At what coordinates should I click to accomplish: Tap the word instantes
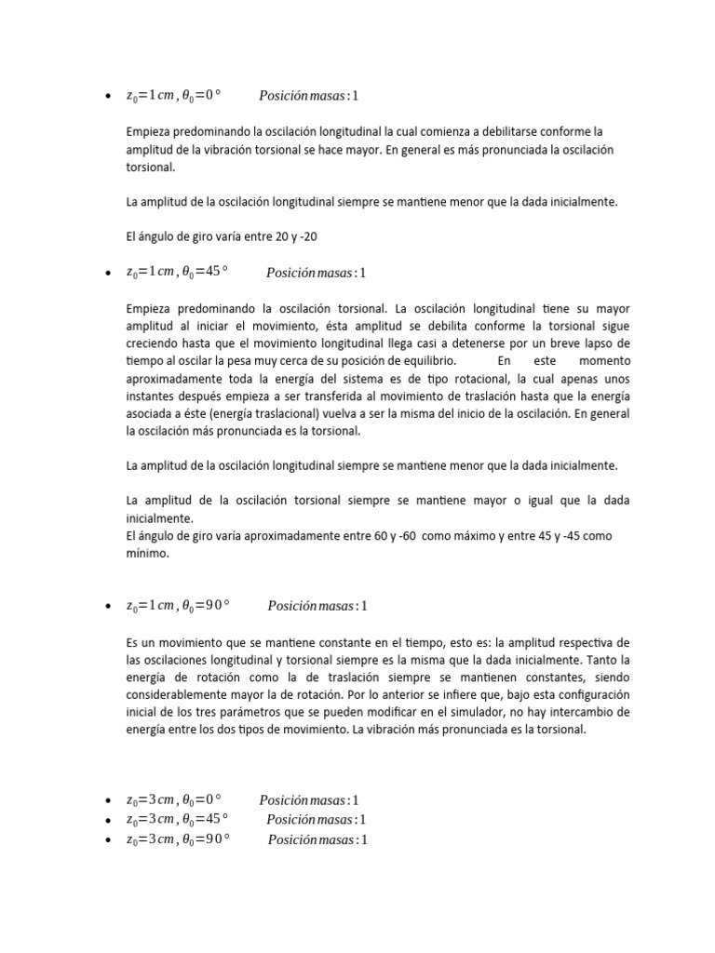pyautogui.click(x=150, y=396)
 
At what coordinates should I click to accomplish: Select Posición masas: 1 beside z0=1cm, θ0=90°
pyautogui.click(x=318, y=606)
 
